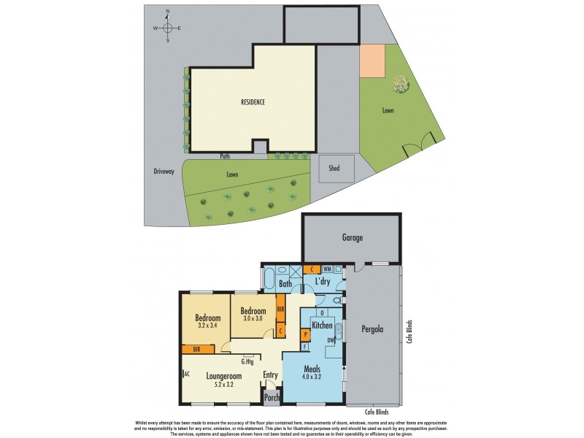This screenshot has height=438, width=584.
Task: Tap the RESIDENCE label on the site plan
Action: click(x=253, y=101)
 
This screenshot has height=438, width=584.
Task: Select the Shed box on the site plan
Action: click(x=334, y=169)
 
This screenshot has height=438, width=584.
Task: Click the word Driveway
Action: click(x=164, y=172)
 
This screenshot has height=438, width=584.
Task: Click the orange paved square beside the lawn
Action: click(x=372, y=61)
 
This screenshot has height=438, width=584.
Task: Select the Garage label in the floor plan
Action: click(x=352, y=237)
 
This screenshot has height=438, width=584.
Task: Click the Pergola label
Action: click(x=372, y=329)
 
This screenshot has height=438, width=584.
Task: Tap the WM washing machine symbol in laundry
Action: click(x=327, y=269)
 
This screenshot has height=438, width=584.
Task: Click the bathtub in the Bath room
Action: click(x=269, y=280)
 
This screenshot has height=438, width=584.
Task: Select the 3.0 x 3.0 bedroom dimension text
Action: click(x=253, y=318)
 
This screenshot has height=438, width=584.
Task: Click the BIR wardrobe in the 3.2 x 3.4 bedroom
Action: click(x=197, y=350)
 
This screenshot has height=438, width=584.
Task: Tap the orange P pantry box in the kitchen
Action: click(x=305, y=334)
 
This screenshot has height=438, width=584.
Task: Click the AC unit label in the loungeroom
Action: click(x=187, y=373)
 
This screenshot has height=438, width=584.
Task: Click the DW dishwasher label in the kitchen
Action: click(x=331, y=339)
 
